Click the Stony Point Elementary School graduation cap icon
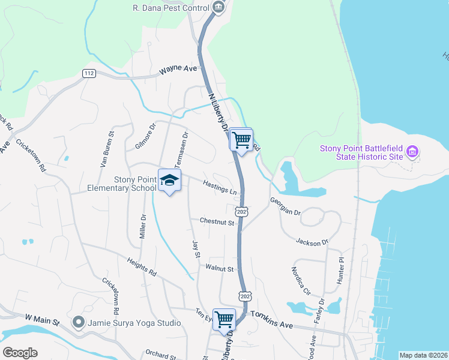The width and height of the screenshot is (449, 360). pyautogui.click(x=169, y=180)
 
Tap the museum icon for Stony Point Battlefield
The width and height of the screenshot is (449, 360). pyautogui.click(x=412, y=152)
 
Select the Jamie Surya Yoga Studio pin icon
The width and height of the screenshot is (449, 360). pyautogui.click(x=78, y=323)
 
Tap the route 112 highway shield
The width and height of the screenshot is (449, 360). pyautogui.click(x=89, y=73)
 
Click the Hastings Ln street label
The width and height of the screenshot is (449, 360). pyautogui.click(x=219, y=187)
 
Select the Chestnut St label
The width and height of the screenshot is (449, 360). pyautogui.click(x=217, y=223)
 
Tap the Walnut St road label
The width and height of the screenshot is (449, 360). pyautogui.click(x=219, y=269)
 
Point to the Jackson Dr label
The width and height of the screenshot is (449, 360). pyautogui.click(x=312, y=242)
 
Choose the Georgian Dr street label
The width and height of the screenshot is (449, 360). pyautogui.click(x=285, y=206)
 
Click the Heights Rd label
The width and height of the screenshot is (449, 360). pyautogui.click(x=142, y=267)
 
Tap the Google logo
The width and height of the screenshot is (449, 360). pyautogui.click(x=20, y=353)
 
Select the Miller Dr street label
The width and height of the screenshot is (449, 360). pyautogui.click(x=143, y=227)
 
